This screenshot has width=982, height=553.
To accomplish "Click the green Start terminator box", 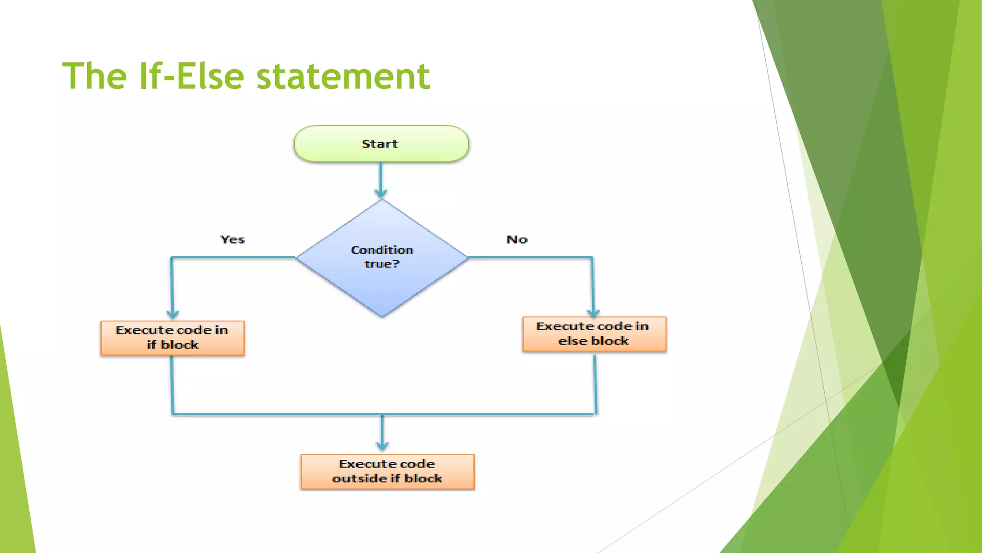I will pyautogui.click(x=381, y=144).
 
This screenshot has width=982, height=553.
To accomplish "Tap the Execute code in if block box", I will pyautogui.click(x=173, y=338).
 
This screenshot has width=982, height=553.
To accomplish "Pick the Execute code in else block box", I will pyautogui.click(x=594, y=334).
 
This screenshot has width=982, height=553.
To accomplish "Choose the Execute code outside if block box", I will pyautogui.click(x=387, y=471).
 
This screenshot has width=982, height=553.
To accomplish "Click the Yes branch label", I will pyautogui.click(x=233, y=240).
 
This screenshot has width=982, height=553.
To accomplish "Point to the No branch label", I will pyautogui.click(x=517, y=240).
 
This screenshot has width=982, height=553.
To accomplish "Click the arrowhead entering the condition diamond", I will pyautogui.click(x=381, y=193).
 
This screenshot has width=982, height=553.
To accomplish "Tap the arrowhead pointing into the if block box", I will pyautogui.click(x=173, y=314).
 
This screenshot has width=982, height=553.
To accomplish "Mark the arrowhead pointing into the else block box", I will pyautogui.click(x=593, y=313).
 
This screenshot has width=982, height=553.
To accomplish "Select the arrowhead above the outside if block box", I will pyautogui.click(x=382, y=446).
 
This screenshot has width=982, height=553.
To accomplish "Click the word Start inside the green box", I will pyautogui.click(x=380, y=144).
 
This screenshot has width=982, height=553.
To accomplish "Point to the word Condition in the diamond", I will pyautogui.click(x=382, y=250).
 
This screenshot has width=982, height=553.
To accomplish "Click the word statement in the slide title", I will pyautogui.click(x=343, y=76).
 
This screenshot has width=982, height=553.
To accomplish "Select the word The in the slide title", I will pyautogui.click(x=94, y=76).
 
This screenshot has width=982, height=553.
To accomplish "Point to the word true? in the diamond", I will pyautogui.click(x=382, y=264).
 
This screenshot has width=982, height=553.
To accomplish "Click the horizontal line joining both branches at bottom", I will pyautogui.click(x=288, y=414).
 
